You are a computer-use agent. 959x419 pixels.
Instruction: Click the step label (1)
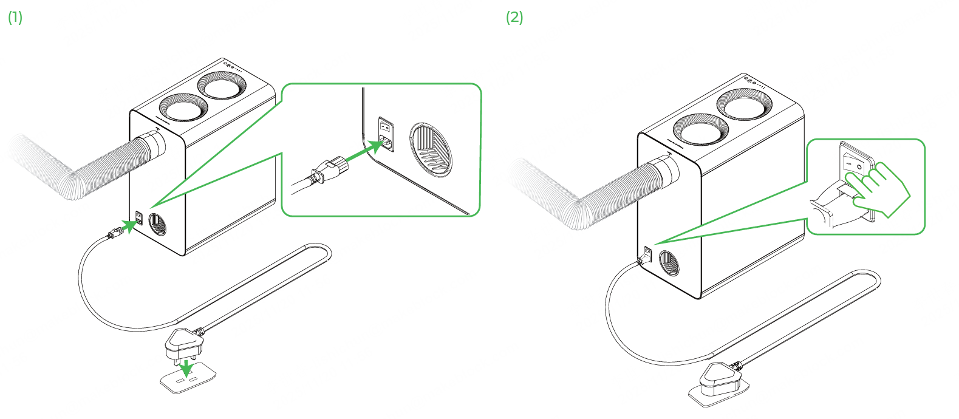[15, 18]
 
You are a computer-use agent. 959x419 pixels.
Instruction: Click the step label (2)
[514, 18]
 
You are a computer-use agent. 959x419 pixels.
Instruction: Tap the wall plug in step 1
[182, 345]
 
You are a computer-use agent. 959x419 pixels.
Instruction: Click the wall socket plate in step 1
[188, 380]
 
